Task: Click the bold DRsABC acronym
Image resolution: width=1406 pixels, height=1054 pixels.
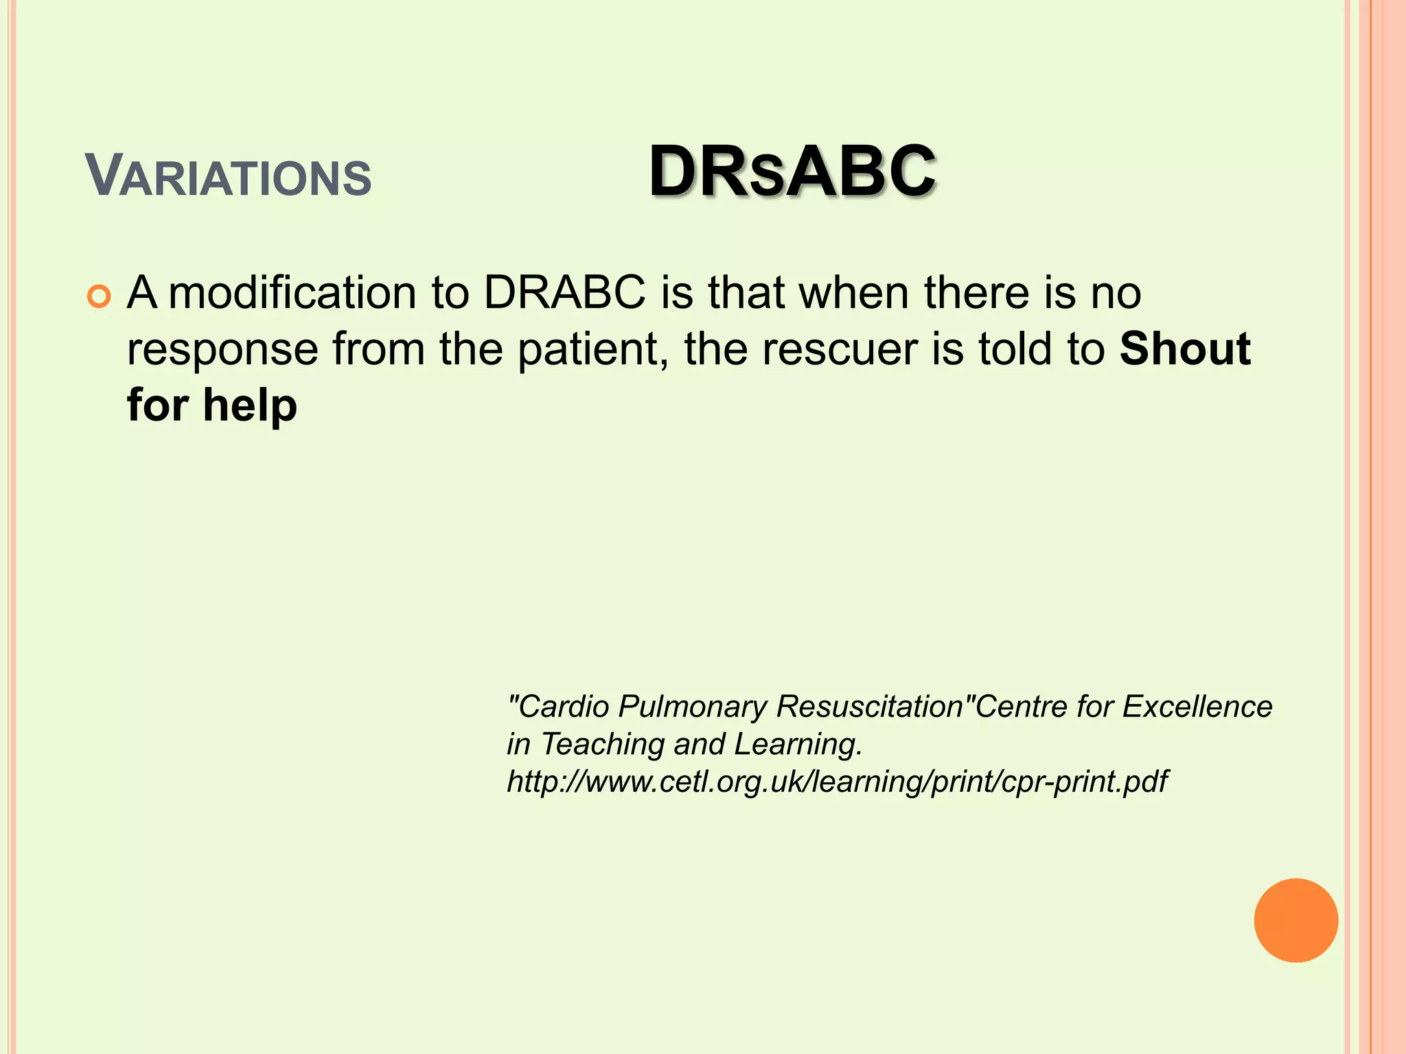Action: point(792,172)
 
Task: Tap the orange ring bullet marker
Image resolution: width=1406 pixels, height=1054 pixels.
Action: point(100,297)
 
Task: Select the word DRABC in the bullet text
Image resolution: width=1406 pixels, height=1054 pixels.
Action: point(564,293)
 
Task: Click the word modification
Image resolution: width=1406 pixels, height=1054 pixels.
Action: point(292,293)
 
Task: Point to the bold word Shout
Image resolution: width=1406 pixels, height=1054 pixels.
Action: point(1185,349)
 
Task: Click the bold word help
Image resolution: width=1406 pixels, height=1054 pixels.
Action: point(250,405)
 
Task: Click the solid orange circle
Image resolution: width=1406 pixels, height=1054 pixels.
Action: point(1295,920)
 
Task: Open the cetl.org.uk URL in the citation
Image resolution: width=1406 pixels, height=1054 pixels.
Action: point(836,782)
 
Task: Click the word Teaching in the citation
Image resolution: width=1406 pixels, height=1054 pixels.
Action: point(603,745)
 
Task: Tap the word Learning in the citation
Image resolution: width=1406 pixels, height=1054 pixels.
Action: point(798,745)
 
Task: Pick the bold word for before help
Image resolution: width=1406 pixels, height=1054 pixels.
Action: point(157,405)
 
